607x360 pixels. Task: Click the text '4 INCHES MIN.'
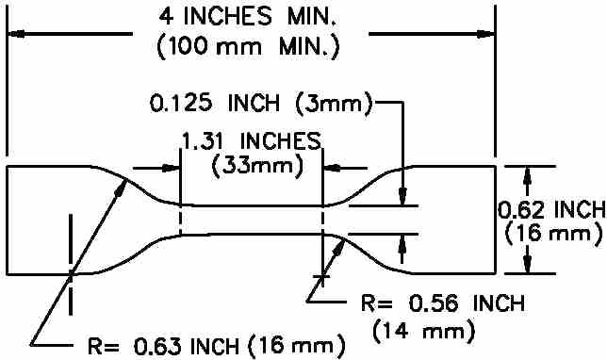(247, 16)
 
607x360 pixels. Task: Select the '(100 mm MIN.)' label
(248, 47)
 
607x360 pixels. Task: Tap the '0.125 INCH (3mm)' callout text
(261, 104)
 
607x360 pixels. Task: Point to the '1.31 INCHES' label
(252, 140)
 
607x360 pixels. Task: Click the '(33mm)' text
(257, 167)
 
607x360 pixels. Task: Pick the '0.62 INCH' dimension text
(551, 210)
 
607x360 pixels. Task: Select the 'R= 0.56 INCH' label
(443, 303)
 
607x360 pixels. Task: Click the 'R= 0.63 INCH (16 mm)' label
(217, 346)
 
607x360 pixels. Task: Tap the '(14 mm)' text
(423, 331)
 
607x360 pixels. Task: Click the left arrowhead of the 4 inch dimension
(16, 34)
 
